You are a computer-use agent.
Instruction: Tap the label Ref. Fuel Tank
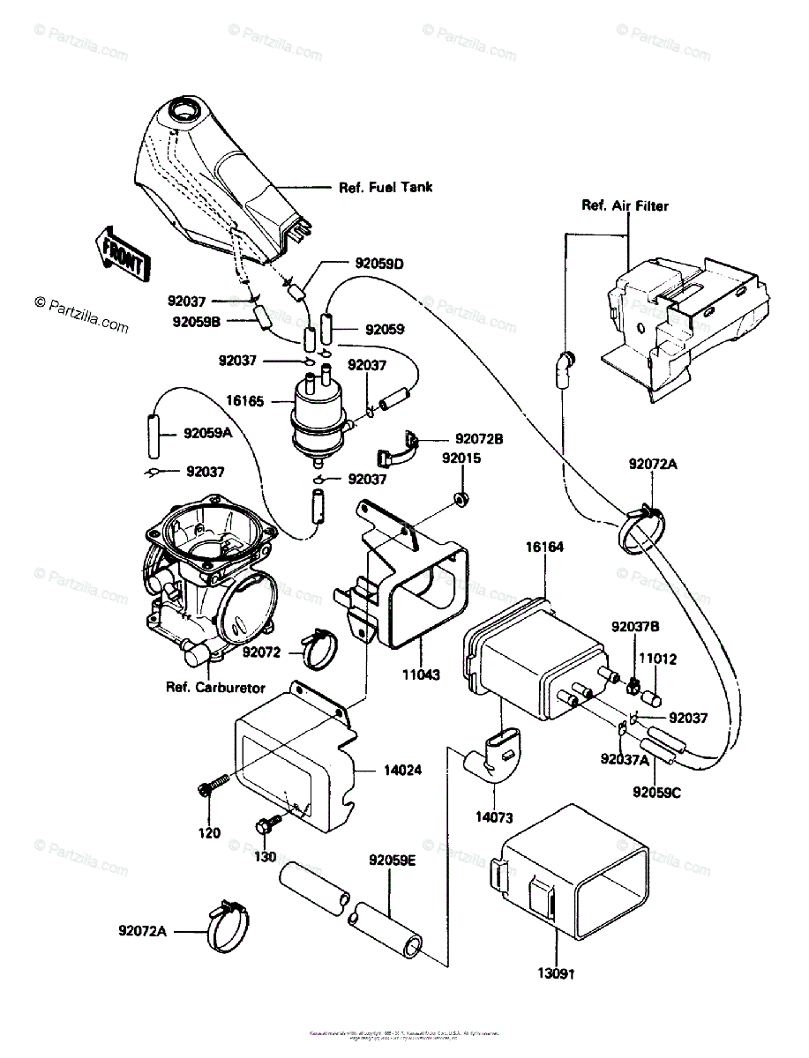point(386,188)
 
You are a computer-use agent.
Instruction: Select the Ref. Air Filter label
point(625,206)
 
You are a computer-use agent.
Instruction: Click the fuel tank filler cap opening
point(184,113)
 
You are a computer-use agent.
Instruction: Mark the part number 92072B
point(480,438)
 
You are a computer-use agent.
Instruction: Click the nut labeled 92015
point(461,500)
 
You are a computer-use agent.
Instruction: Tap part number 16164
point(545,548)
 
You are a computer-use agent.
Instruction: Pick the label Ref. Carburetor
point(215,687)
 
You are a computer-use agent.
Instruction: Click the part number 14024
point(401,770)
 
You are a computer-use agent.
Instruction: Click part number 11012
point(652,658)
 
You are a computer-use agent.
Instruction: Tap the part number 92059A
point(208,433)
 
